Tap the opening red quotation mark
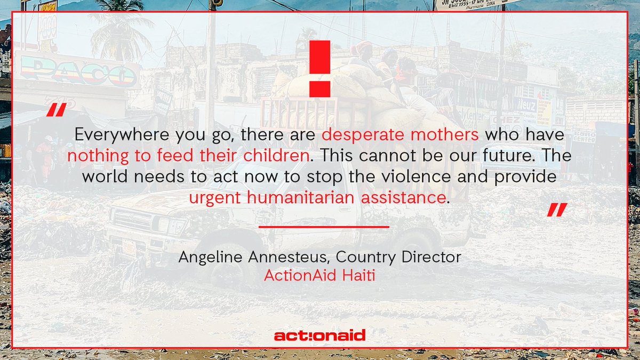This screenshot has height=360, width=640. pos(55,110)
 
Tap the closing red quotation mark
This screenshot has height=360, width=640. pos(557,210)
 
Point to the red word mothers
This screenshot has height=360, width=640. pos(445,134)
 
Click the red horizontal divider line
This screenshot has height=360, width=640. pos(324,227)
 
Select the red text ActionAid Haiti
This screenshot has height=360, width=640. pos(319,277)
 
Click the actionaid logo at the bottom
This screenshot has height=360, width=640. pos(319,335)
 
